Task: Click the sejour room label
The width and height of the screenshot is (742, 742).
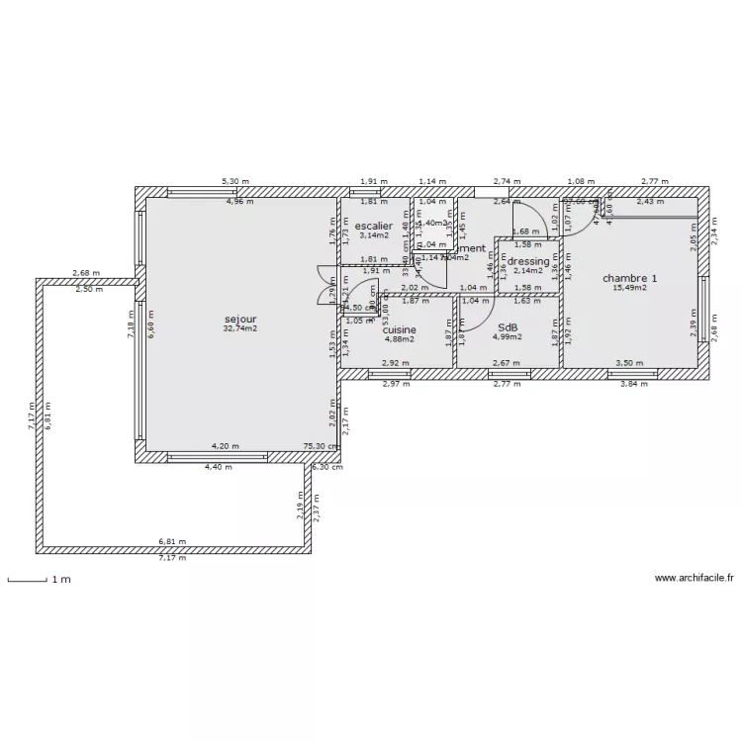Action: (x=240, y=320)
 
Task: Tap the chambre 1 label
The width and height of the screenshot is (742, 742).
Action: (x=629, y=278)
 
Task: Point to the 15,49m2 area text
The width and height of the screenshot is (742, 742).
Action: (x=629, y=288)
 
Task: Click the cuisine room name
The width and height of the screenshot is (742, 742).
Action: (x=400, y=329)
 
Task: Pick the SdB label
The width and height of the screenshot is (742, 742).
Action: (x=508, y=328)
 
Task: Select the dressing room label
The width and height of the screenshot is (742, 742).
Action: (x=528, y=261)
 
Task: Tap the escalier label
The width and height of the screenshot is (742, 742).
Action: (x=374, y=226)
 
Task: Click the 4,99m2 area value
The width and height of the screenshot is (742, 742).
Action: (x=508, y=338)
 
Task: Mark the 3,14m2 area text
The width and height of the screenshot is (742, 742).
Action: (x=374, y=235)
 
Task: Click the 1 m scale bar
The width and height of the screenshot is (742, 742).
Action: (x=27, y=580)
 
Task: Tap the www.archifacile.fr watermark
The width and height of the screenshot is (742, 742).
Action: (x=694, y=579)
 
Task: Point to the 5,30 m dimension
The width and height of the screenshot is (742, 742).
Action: (x=235, y=182)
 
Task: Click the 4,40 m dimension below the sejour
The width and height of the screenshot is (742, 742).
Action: (x=219, y=466)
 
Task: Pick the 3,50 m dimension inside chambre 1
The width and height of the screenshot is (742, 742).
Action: (x=628, y=363)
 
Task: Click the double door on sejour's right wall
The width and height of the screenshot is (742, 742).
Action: (x=325, y=284)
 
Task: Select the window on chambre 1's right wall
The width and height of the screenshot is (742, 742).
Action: (x=703, y=307)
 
